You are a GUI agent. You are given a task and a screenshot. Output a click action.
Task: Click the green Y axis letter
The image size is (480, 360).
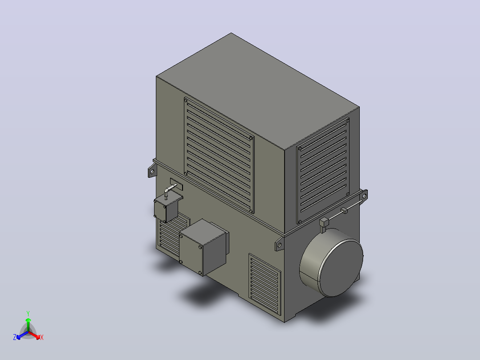(x=28, y=313)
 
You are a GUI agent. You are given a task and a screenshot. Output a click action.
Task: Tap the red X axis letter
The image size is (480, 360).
(x=42, y=337)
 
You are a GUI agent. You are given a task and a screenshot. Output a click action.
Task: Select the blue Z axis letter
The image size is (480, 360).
(x=15, y=337)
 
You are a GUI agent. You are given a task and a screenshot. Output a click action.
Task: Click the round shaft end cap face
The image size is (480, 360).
(x=341, y=269)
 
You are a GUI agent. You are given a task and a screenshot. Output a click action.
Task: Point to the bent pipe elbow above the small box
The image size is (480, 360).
(x=167, y=191)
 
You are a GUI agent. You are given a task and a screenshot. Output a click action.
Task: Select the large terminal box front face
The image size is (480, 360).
(x=191, y=253)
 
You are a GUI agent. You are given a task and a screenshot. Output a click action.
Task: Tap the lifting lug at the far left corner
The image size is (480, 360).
(x=152, y=170)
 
